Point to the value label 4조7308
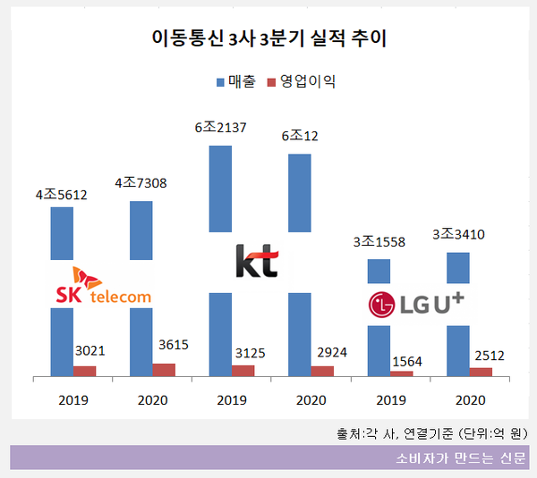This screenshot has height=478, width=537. [141, 184]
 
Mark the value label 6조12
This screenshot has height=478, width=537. [301, 137]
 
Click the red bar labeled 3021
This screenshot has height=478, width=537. [85, 371]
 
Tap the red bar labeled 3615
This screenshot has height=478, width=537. [164, 370]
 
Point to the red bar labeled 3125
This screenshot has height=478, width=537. [243, 371]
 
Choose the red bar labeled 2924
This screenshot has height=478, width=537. [322, 371]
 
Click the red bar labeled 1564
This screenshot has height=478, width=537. [401, 373]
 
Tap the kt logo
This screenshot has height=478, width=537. [257, 261]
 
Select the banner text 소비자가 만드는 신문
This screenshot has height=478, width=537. [460, 458]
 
